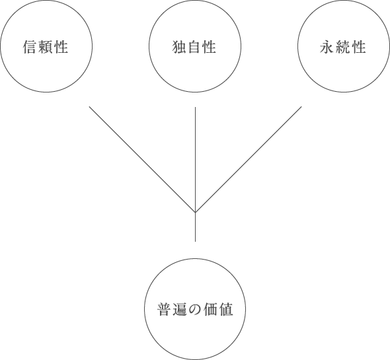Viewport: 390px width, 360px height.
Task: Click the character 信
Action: [x=30, y=47]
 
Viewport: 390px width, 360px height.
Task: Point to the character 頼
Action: [x=46, y=47]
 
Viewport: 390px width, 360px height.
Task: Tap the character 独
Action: [x=179, y=47]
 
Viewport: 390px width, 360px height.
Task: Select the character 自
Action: [x=194, y=47]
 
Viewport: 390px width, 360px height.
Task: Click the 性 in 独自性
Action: [x=210, y=47]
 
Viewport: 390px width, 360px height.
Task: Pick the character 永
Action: [x=327, y=47]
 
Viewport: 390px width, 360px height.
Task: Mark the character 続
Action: [x=342, y=47]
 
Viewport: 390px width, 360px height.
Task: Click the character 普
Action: [x=164, y=310]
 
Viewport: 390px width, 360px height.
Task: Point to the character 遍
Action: [x=179, y=310]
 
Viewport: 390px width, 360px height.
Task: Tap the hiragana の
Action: [x=195, y=310]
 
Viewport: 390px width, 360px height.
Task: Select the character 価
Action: [x=210, y=310]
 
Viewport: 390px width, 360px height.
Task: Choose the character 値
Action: [x=226, y=310]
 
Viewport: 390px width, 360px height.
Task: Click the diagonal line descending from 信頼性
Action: [x=142, y=160]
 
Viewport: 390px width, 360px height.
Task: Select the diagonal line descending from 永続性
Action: [x=249, y=160]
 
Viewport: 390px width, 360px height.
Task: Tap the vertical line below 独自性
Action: [x=195, y=174]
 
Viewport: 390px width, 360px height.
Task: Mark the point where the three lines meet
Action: [x=195, y=213]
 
